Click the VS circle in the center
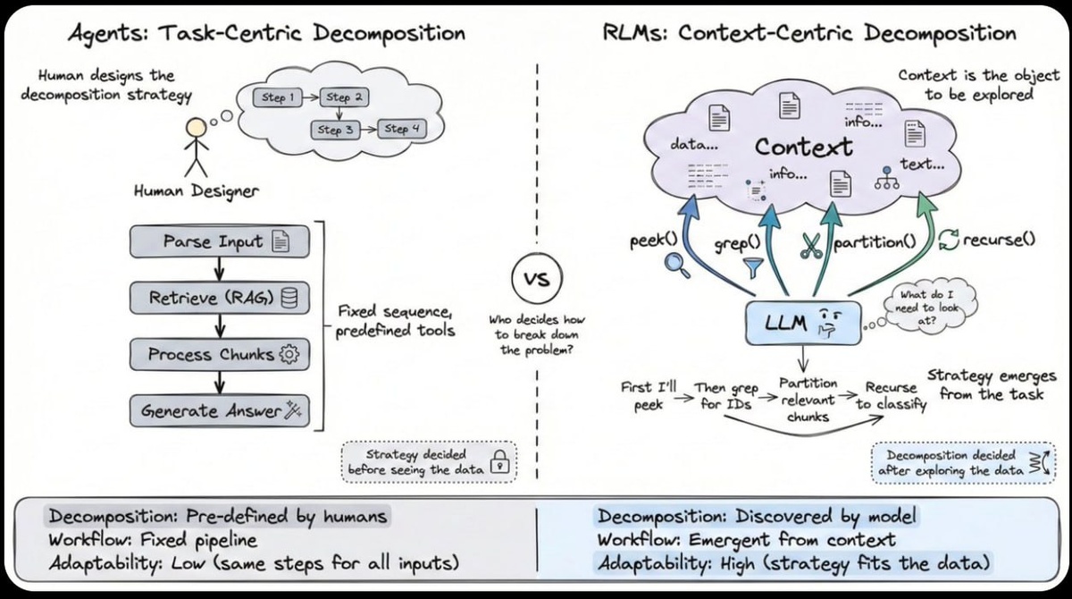533,279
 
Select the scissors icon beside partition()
811,246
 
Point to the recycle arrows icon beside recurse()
947,240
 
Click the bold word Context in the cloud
804,147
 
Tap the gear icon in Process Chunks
289,355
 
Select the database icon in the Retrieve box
289,299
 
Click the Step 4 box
402,130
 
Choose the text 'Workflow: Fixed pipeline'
141,539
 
